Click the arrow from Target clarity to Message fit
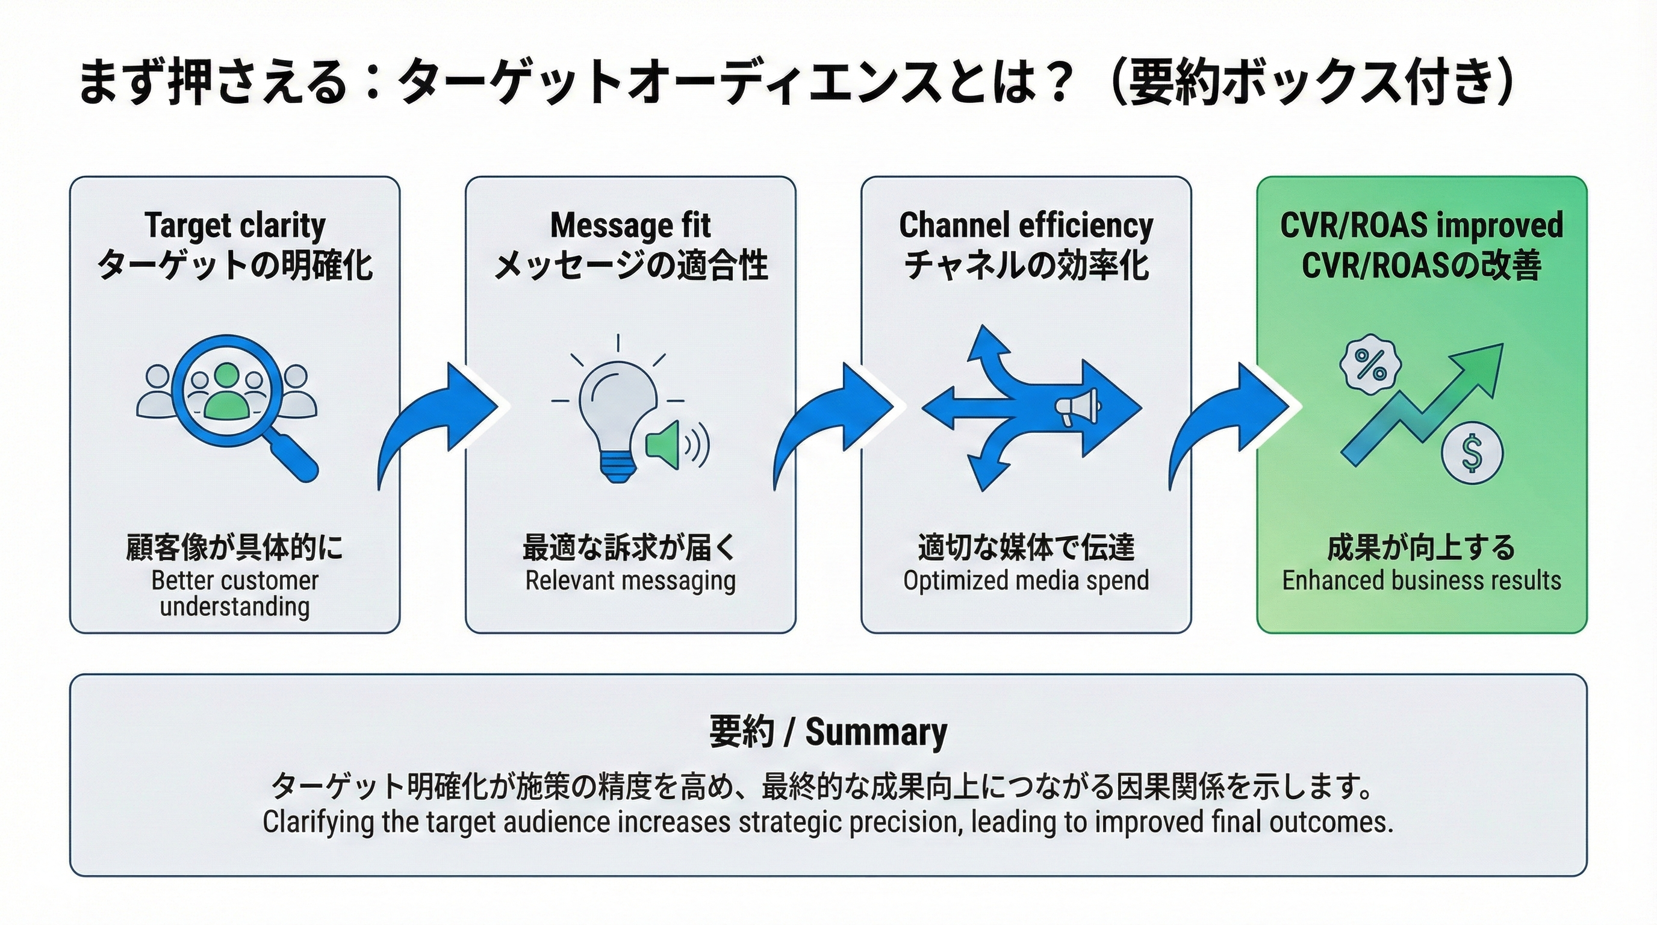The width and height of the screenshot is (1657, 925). [x=437, y=418]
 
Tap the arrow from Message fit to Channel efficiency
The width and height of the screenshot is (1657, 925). [x=833, y=418]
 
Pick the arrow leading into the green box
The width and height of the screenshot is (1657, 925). [x=1228, y=418]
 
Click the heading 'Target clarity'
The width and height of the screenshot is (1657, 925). [x=235, y=225]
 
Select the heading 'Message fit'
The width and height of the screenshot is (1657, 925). [x=630, y=225]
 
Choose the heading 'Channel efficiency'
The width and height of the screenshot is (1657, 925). [x=1026, y=225]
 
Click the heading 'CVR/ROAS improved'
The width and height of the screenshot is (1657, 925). [x=1422, y=225]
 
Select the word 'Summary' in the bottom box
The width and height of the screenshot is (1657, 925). [x=876, y=732]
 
